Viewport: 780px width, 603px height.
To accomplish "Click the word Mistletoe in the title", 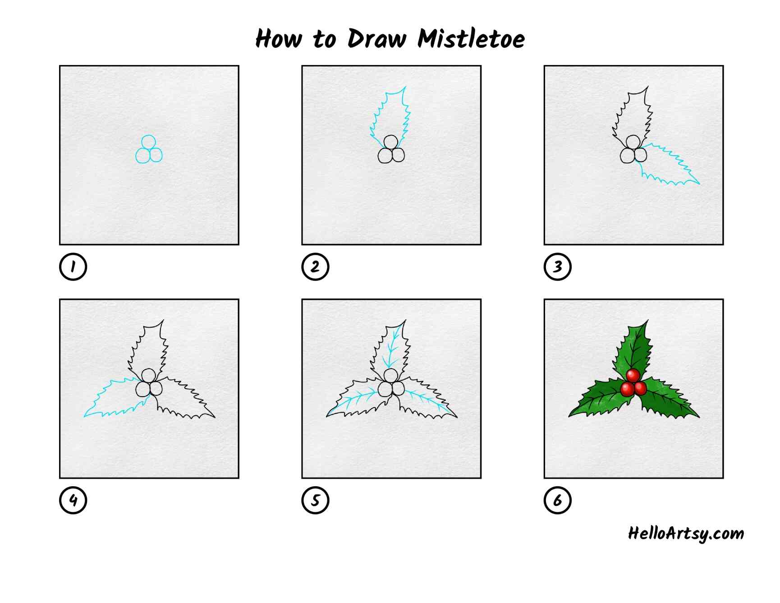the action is (471, 38).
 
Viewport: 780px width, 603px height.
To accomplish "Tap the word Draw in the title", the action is (376, 38).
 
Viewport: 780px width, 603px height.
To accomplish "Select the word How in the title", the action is (278, 38).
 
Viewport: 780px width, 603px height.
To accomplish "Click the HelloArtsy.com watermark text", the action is (686, 534).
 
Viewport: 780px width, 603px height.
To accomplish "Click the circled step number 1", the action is (73, 267).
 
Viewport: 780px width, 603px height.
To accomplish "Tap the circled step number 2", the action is (315, 267).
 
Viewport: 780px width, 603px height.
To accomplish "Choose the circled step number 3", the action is (557, 267).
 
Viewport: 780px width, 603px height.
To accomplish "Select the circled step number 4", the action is (73, 500).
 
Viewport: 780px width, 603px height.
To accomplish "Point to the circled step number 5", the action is (315, 500).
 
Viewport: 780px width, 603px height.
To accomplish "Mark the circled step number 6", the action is (557, 500).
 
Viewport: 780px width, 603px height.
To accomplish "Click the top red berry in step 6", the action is (633, 375).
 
